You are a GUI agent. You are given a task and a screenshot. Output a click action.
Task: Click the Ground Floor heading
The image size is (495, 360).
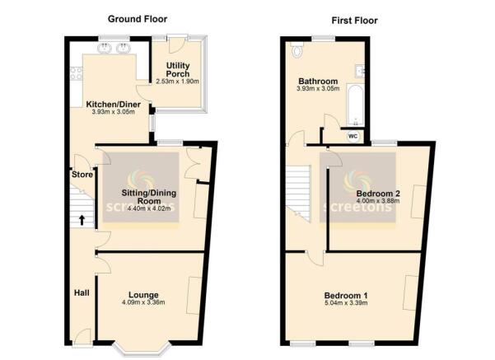click(139, 19)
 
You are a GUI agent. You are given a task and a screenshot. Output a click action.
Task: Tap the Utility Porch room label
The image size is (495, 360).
click(178, 68)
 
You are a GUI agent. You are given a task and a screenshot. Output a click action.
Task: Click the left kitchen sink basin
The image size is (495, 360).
click(105, 50)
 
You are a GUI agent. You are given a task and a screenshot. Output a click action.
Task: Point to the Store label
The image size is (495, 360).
click(80, 174)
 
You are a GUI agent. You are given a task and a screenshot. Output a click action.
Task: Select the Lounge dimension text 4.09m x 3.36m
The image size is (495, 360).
click(143, 302)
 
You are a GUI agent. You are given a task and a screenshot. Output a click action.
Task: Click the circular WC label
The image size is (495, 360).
click(353, 135)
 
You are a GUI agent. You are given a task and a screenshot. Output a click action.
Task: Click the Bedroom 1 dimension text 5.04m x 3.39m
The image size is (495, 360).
click(349, 304)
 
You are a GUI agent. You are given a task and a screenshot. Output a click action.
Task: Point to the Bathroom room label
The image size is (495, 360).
click(318, 82)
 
